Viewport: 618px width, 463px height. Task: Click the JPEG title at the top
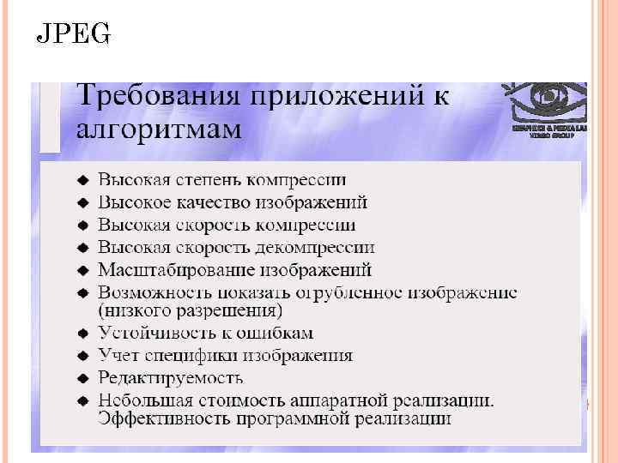[74, 35]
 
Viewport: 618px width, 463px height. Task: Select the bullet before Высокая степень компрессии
[82, 181]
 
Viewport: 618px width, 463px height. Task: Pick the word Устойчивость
[148, 333]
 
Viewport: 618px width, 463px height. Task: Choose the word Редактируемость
[170, 378]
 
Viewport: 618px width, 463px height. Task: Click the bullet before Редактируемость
[82, 378]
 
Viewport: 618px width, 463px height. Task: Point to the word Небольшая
[141, 400]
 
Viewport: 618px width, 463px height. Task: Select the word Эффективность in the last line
[163, 418]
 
